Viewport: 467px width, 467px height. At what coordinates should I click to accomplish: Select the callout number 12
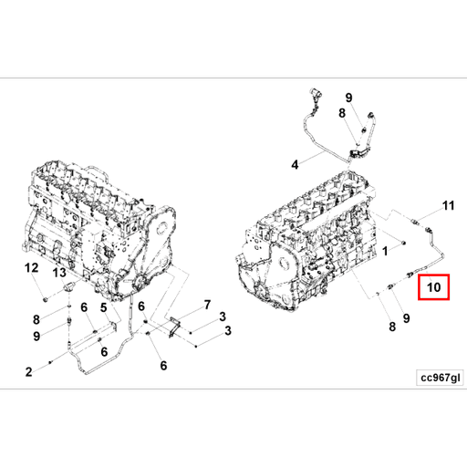31,268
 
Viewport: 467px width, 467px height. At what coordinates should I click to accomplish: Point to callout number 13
59,272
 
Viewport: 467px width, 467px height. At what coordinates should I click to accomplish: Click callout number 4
295,165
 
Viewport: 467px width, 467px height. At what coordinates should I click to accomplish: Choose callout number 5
103,309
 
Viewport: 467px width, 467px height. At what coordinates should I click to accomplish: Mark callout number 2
28,371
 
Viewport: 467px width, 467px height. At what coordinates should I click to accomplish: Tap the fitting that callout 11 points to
418,222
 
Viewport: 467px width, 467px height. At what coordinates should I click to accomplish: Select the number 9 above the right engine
348,98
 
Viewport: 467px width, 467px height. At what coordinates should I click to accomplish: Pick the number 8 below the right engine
391,327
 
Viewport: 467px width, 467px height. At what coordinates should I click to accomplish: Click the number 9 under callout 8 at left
36,336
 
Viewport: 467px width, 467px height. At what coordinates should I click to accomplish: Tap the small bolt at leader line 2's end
50,363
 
